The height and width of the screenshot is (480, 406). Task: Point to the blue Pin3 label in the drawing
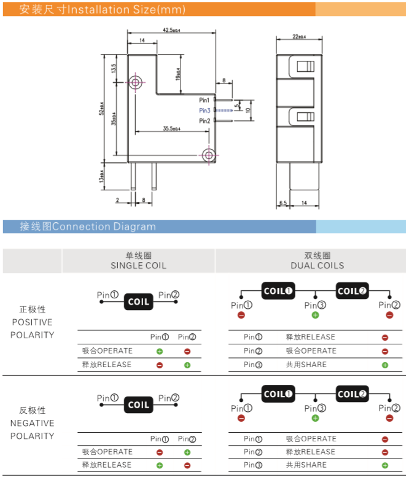coord(205,110)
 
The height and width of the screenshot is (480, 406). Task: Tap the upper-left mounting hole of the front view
coord(135,81)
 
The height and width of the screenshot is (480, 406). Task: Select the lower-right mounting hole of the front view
coord(209,155)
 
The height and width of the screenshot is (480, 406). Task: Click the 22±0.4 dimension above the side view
coord(299,37)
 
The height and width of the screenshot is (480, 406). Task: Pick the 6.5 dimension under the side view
coord(283,202)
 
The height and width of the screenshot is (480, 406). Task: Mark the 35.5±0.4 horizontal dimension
coord(171,128)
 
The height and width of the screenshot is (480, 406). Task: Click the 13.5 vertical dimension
coord(114,69)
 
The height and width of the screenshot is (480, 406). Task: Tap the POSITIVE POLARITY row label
coord(32,322)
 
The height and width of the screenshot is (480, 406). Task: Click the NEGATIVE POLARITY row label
coord(32,423)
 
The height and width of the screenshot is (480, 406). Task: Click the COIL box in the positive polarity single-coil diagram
coord(138,301)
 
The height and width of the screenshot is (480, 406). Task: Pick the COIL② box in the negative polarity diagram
coord(352,394)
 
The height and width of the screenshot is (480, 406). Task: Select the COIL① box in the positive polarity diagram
coord(279,291)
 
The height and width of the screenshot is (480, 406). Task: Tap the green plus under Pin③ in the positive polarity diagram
coord(315,315)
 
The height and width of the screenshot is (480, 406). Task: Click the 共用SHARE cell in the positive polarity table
coord(306,365)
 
